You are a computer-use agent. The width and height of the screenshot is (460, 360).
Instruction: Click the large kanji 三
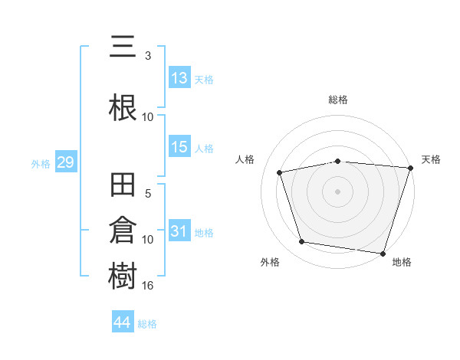click(x=123, y=46)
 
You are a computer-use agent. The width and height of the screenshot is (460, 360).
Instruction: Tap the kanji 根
click(x=123, y=107)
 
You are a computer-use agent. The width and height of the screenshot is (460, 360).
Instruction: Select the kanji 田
click(x=123, y=185)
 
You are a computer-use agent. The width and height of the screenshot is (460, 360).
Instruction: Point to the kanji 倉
click(x=123, y=230)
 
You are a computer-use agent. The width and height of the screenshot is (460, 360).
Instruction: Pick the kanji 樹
click(x=123, y=275)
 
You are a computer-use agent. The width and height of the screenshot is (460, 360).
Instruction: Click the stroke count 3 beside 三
click(x=148, y=56)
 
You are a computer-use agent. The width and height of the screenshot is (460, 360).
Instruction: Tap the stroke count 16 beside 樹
click(x=147, y=285)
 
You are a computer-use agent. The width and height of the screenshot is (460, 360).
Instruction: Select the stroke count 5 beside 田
click(x=148, y=194)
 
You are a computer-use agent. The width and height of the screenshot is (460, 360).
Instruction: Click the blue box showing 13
click(x=179, y=77)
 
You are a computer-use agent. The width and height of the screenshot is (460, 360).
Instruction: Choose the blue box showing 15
click(x=179, y=146)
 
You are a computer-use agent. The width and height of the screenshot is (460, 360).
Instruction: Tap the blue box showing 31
click(x=179, y=230)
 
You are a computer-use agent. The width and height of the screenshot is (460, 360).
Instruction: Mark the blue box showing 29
click(x=66, y=162)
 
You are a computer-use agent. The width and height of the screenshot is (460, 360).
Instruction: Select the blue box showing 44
click(x=123, y=321)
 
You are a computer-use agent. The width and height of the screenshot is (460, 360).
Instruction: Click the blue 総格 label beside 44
click(x=147, y=324)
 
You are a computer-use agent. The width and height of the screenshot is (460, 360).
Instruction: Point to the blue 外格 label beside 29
click(x=41, y=164)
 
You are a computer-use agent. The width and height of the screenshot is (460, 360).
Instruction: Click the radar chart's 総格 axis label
click(x=338, y=100)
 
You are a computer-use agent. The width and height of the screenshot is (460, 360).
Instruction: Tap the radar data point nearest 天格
click(x=411, y=168)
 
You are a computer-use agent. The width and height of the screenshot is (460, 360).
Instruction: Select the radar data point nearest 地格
click(x=383, y=254)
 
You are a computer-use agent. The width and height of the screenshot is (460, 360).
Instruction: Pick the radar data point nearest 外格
click(x=301, y=242)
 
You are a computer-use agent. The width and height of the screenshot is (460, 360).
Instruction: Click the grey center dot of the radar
click(x=337, y=191)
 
